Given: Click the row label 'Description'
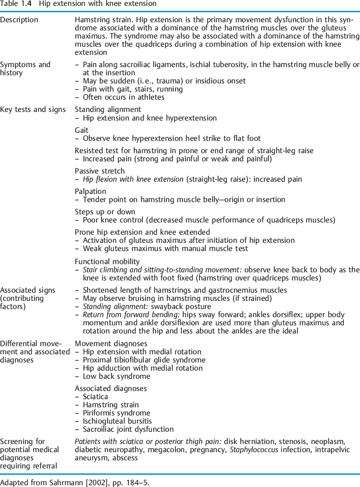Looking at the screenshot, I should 19,20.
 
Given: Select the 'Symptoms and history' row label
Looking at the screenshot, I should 25,68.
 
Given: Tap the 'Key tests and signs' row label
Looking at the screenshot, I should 33,110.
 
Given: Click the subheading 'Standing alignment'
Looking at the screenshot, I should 107,110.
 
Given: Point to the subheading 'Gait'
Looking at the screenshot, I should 82,130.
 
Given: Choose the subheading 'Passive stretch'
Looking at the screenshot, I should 99,171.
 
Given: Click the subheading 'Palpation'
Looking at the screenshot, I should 90,192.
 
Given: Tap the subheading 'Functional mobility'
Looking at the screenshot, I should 107,261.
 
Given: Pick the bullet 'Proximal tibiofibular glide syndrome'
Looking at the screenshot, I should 144,360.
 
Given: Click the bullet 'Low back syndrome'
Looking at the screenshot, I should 117,376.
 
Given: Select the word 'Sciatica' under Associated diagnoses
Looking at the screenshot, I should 95,396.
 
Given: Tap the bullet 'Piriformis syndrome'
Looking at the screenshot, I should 117,413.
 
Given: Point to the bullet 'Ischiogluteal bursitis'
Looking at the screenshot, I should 117,421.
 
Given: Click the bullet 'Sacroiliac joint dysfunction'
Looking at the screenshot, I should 128,429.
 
